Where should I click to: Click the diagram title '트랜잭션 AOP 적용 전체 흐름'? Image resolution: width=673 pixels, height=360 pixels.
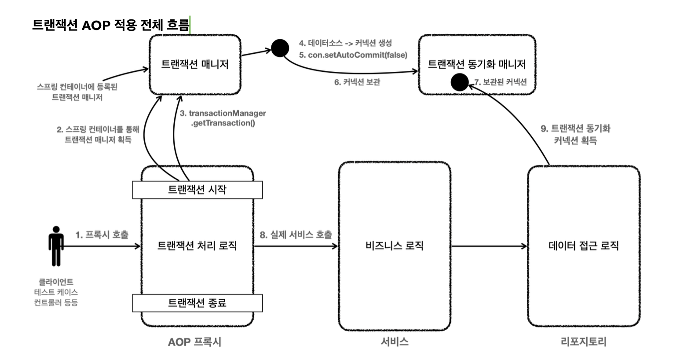click(110, 25)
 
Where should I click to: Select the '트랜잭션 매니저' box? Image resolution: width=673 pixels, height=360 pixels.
click(195, 64)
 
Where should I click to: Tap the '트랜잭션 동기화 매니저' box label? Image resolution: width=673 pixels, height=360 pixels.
click(477, 64)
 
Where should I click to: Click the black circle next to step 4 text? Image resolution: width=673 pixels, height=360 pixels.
click(280, 48)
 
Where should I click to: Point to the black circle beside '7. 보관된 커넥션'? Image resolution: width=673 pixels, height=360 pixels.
click(460, 82)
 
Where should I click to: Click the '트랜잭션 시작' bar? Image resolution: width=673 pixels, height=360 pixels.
click(197, 190)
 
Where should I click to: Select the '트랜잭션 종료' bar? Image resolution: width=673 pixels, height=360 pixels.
click(197, 303)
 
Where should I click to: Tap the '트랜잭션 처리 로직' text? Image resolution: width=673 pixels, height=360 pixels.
click(197, 246)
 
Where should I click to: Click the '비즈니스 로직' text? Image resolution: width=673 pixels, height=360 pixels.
click(395, 246)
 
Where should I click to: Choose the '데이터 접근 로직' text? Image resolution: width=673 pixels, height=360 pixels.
click(584, 246)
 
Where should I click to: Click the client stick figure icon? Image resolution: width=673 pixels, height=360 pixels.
click(56, 246)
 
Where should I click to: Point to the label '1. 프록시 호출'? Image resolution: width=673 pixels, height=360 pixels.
click(102, 235)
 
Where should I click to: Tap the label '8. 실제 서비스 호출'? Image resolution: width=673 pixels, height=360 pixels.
click(296, 235)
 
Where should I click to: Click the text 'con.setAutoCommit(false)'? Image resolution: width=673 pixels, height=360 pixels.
click(358, 55)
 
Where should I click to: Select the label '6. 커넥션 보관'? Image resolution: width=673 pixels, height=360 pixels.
click(357, 82)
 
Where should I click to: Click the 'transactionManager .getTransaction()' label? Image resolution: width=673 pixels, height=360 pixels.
click(223, 118)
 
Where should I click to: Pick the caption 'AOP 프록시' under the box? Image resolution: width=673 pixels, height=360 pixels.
click(194, 342)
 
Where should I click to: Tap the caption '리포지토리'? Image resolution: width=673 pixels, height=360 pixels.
click(583, 342)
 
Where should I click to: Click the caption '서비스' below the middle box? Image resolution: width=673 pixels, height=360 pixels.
click(395, 342)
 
